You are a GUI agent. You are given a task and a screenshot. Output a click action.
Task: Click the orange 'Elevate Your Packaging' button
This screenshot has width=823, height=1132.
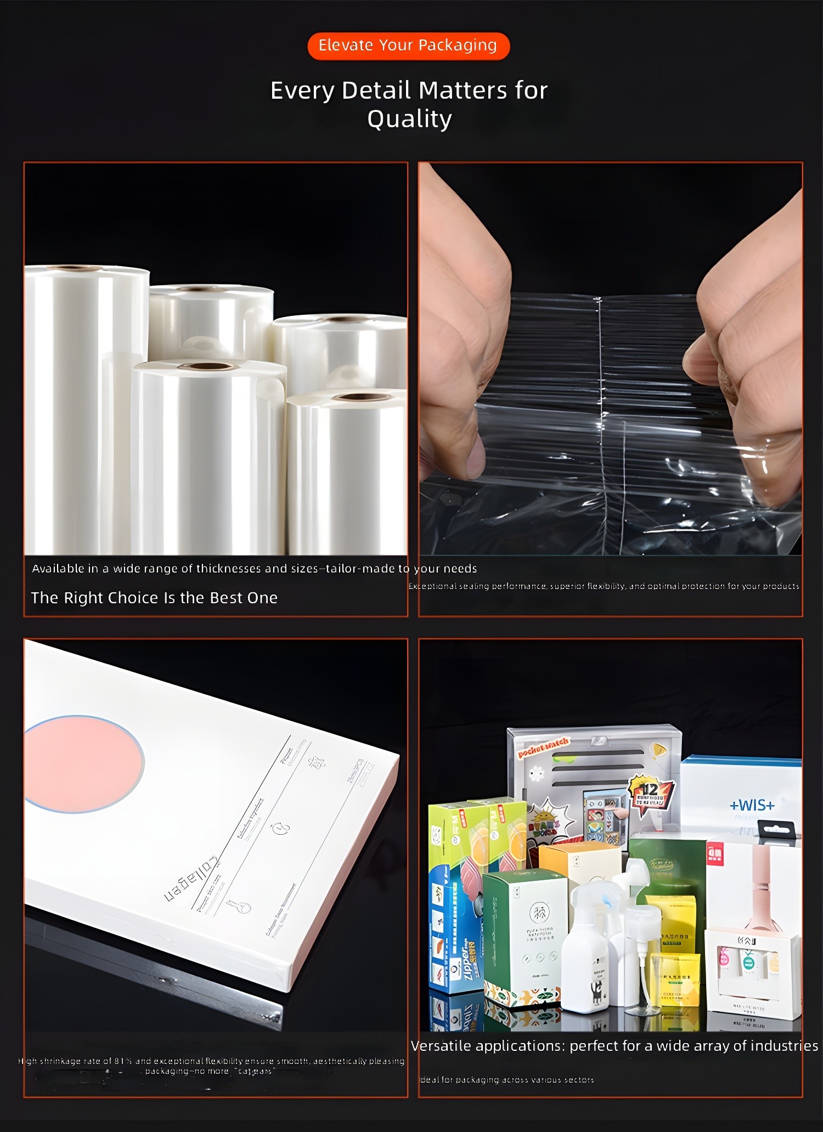[408, 46]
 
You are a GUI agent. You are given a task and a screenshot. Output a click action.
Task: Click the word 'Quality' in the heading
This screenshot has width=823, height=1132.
[409, 119]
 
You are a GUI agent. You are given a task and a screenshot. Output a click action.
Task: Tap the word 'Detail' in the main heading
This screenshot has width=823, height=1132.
[376, 90]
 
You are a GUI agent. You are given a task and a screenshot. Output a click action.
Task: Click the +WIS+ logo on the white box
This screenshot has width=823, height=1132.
[752, 805]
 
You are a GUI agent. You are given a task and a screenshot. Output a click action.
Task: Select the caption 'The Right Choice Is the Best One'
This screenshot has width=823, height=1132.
[154, 598]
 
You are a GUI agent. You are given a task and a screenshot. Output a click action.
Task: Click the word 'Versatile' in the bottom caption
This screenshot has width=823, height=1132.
[441, 1046]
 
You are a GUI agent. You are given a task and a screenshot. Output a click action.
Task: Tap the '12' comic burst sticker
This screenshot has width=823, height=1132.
[651, 791]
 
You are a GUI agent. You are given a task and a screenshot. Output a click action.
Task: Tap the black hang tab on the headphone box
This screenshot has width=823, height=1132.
[777, 829]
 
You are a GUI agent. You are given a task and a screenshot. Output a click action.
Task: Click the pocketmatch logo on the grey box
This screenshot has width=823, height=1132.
[543, 748]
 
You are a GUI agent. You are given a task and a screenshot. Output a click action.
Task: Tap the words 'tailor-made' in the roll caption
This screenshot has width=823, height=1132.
[360, 569]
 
